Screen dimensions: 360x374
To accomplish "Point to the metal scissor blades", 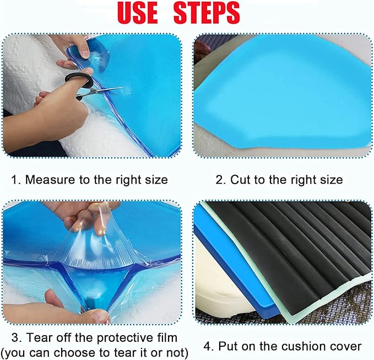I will (x=107, y=90).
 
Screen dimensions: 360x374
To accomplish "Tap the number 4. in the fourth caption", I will (x=208, y=346).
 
